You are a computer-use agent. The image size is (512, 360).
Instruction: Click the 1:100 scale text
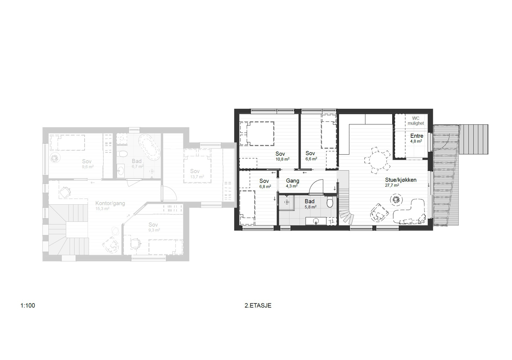[x=28, y=305]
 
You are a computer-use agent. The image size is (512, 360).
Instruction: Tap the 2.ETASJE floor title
[x=258, y=305]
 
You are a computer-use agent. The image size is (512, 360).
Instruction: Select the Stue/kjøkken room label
[x=401, y=180]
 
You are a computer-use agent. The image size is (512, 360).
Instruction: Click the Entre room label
[x=417, y=136]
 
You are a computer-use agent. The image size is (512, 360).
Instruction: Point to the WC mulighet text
[x=416, y=121]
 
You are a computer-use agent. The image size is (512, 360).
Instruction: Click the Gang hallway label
[x=292, y=181]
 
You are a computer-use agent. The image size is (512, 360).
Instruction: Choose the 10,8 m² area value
[x=283, y=159]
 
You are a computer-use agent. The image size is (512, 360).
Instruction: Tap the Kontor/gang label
[x=110, y=203]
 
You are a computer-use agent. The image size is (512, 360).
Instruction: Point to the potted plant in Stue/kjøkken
[x=396, y=200]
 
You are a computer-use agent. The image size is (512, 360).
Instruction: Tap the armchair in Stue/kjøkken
[x=379, y=213]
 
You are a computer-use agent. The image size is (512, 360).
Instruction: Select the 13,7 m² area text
[x=197, y=176]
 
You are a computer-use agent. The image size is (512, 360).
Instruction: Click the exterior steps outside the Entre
[x=474, y=139]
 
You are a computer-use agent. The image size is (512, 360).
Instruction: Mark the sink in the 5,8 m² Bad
[x=316, y=221]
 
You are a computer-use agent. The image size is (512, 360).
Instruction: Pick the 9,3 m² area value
[x=154, y=230]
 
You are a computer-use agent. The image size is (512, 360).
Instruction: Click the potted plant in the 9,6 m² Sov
[x=55, y=158]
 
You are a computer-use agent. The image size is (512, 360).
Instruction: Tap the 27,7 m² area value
[x=392, y=185]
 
